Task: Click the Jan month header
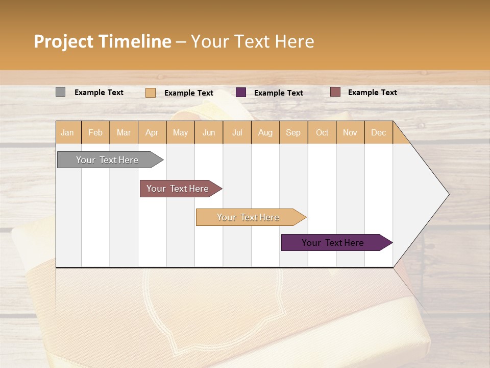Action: point(68,132)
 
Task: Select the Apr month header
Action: point(152,132)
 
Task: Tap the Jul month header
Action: point(237,132)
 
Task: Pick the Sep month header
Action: point(293,132)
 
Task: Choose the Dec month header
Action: point(378,132)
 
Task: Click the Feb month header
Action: point(95,132)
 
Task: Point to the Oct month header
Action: point(322,132)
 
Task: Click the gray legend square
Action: point(60,92)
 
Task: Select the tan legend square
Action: point(151,93)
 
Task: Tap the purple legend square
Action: point(241,92)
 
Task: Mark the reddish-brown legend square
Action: point(335,92)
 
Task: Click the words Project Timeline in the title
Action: point(102,41)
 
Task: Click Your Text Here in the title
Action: point(252,41)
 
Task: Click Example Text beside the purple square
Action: point(278,93)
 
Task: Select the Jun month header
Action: point(209,132)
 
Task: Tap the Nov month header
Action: point(350,132)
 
